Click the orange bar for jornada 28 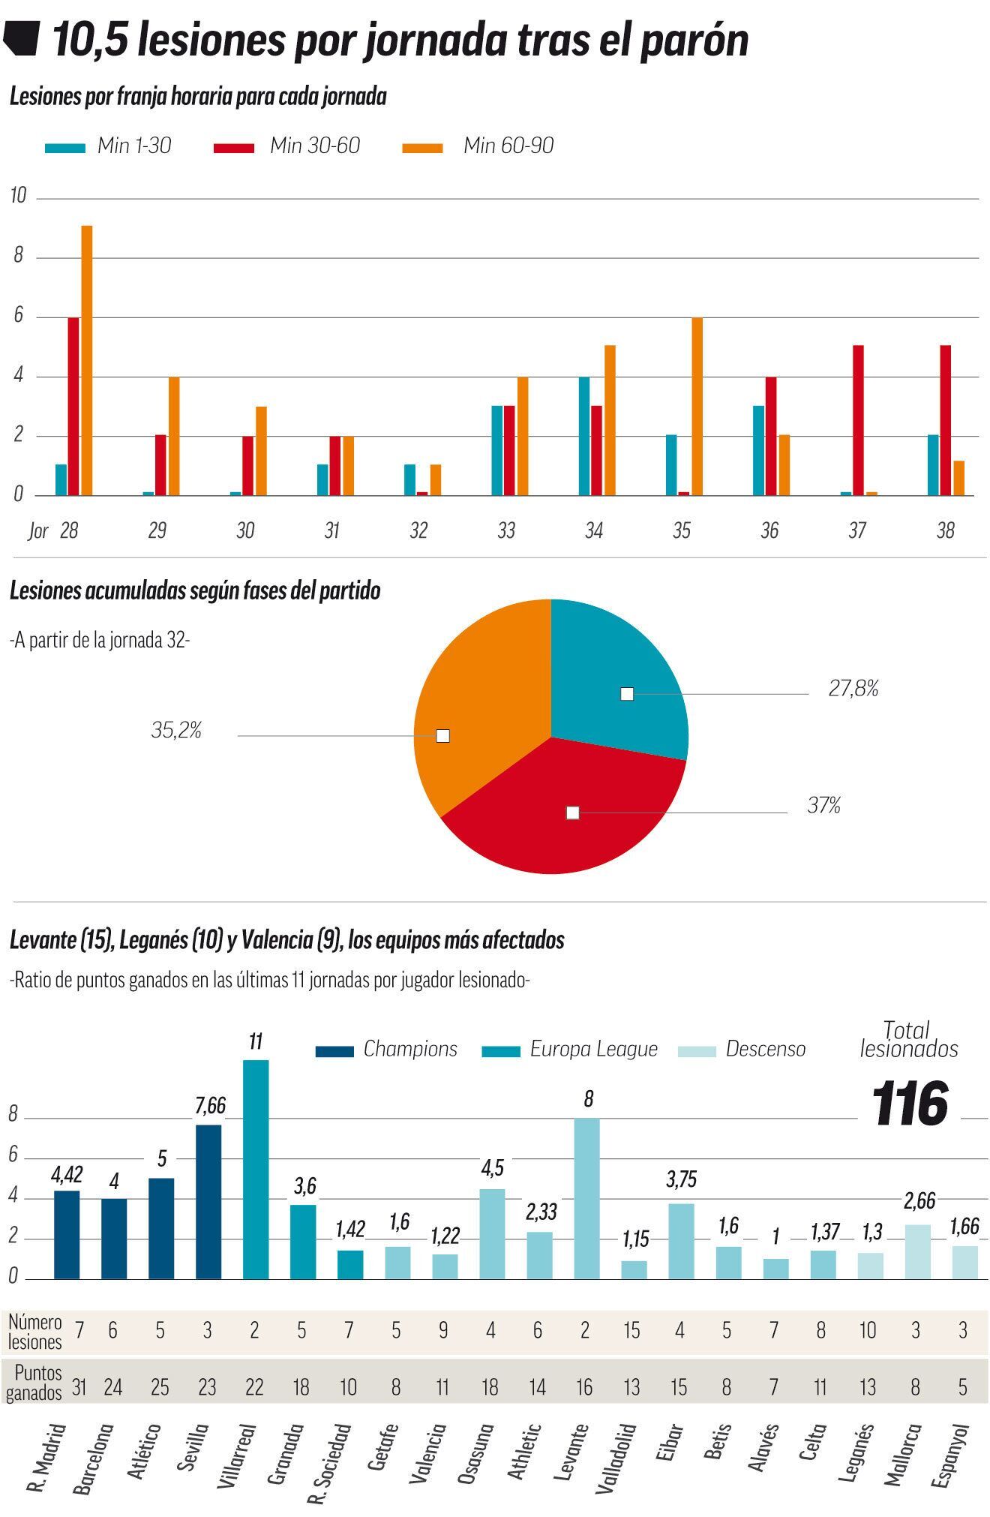coord(87,360)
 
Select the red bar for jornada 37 coord(858,420)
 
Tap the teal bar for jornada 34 coord(583,436)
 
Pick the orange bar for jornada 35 coord(697,406)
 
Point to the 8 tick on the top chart coord(18,256)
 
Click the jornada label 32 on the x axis coord(418,530)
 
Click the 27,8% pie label coord(853,689)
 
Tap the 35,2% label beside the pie coord(176,731)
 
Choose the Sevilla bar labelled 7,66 coord(208,1200)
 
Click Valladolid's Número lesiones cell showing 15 coord(631,1330)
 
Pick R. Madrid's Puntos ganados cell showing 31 coord(79,1386)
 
